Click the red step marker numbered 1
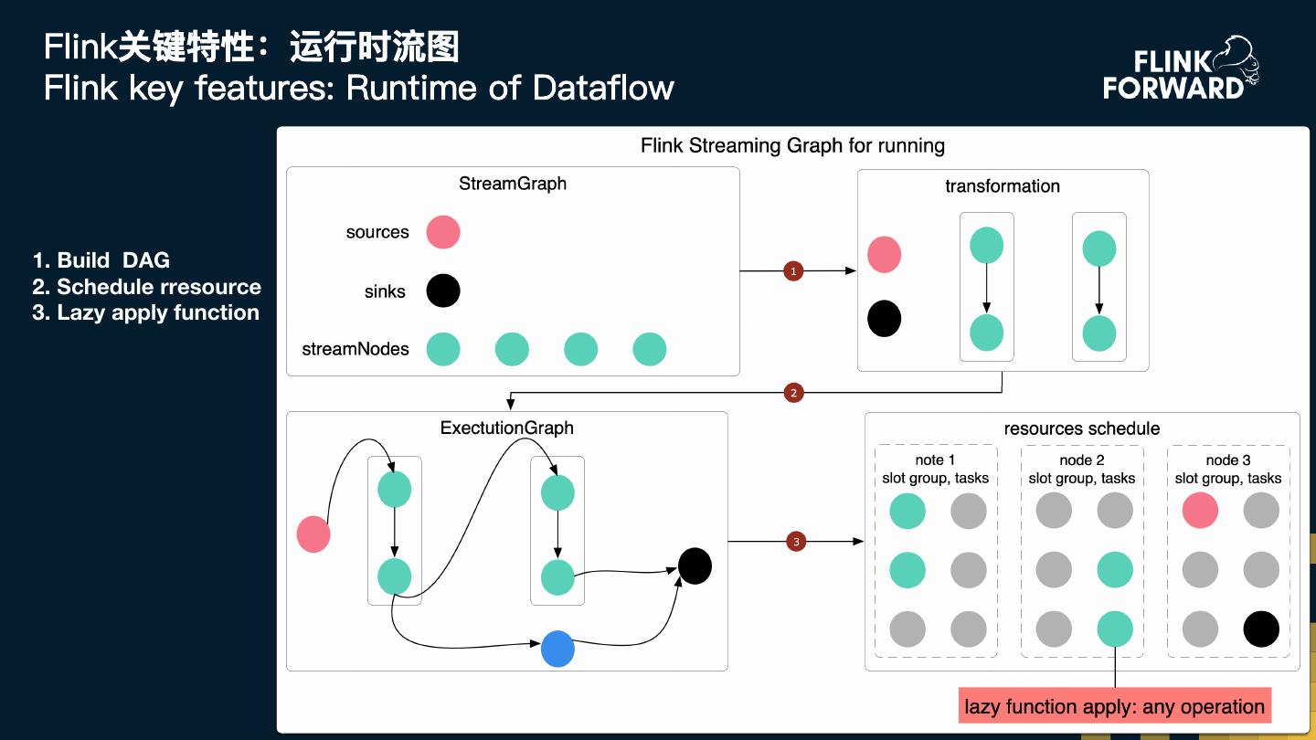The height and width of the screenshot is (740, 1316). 793,271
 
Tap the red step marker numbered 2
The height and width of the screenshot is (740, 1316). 793,393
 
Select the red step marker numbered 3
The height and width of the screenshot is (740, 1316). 796,542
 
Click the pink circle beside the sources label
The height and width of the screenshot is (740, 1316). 443,232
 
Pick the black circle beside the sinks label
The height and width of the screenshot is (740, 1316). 443,291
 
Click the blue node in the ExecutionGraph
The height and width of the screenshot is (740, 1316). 557,649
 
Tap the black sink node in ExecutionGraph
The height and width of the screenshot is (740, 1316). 695,566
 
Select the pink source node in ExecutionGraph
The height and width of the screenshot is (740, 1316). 313,534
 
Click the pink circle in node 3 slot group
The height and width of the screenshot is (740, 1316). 1200,511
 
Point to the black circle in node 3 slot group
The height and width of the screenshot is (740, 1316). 1261,629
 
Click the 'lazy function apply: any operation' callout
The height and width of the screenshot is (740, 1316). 1114,706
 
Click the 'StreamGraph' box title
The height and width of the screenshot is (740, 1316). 513,184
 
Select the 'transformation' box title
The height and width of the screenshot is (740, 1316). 1003,186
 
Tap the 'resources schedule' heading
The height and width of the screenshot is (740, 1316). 1082,428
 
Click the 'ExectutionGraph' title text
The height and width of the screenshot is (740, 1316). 506,428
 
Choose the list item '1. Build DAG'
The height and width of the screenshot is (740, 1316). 101,260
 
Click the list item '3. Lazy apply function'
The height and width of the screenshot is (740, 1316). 146,312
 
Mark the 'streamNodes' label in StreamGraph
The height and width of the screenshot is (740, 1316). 356,349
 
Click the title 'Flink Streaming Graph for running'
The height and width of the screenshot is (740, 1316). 792,145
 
